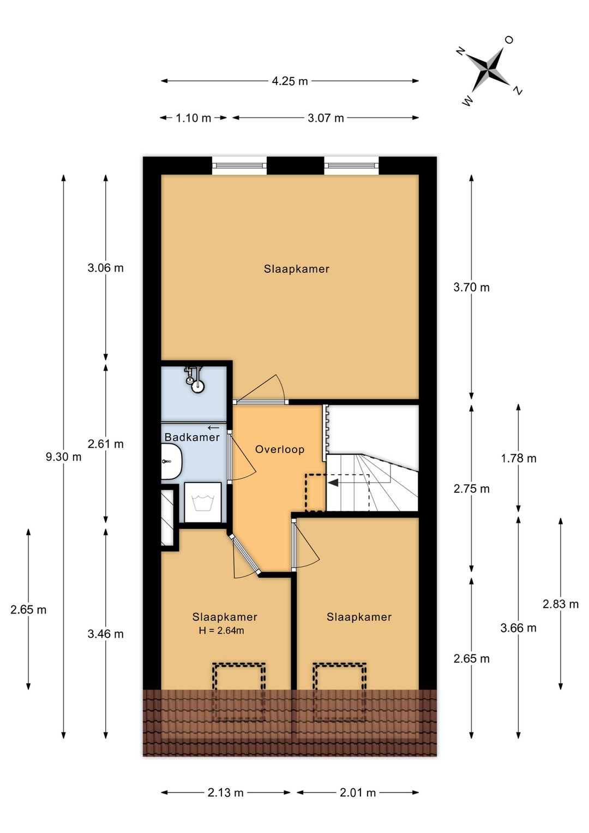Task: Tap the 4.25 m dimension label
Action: tap(290, 81)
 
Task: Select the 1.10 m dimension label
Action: tap(193, 118)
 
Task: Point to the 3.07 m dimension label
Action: tap(326, 118)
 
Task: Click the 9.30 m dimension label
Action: tap(64, 457)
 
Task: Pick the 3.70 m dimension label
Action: tap(472, 288)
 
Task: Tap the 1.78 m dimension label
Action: tap(519, 459)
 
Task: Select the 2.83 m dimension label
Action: tap(561, 604)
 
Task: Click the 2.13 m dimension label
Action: tap(226, 793)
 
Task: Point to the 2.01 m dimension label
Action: tap(358, 793)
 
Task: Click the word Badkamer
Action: tap(192, 437)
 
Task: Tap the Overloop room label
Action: tap(280, 449)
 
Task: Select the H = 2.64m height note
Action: tap(221, 630)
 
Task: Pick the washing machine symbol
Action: tap(202, 502)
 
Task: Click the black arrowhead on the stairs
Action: tap(333, 483)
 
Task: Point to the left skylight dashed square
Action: tap(239, 692)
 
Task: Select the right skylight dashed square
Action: tap(339, 692)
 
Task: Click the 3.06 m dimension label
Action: tap(106, 268)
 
